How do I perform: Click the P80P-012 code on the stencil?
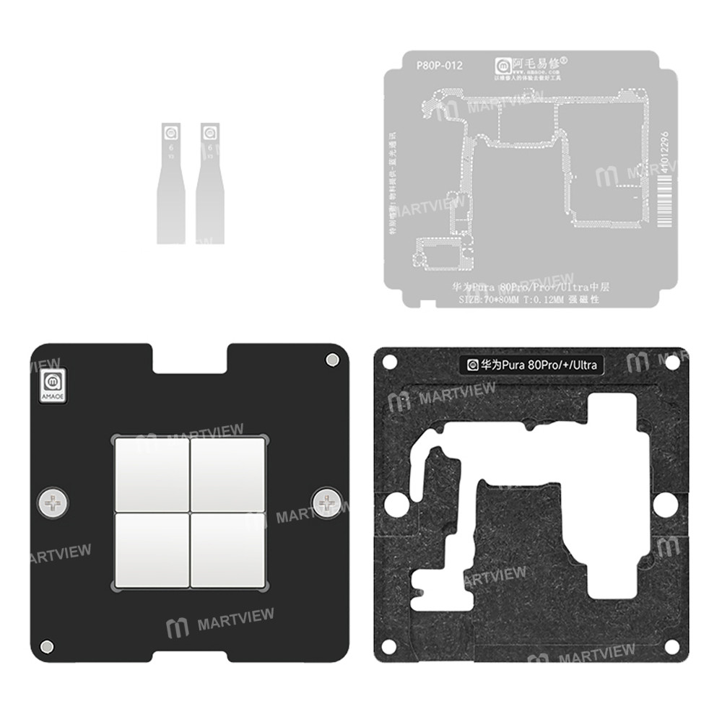[x=440, y=66]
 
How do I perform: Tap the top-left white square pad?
[x=150, y=473]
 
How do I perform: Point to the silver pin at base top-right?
[x=331, y=360]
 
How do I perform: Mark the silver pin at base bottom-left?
[x=48, y=645]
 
